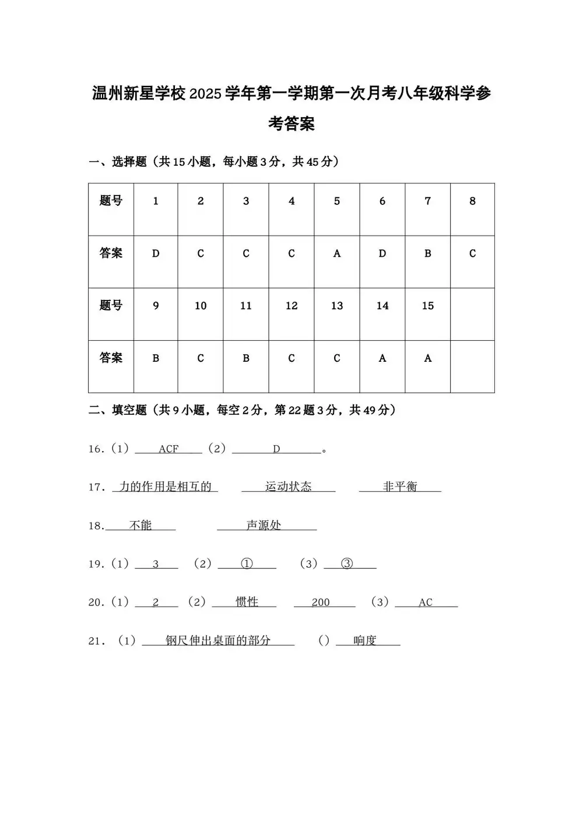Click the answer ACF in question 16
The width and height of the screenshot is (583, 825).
[168, 449]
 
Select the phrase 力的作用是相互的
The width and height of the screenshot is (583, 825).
[165, 487]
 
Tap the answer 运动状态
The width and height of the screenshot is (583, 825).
[289, 487]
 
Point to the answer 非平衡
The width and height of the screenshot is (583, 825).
[400, 487]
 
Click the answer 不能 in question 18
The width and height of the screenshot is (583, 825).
[141, 526]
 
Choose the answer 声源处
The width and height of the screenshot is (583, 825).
[264, 526]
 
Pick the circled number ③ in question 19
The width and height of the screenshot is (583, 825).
[347, 564]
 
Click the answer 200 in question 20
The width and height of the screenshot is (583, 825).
[321, 603]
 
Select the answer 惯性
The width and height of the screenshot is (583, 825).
[247, 602]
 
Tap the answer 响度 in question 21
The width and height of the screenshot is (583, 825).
[365, 641]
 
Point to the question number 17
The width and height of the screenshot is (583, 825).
[96, 487]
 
